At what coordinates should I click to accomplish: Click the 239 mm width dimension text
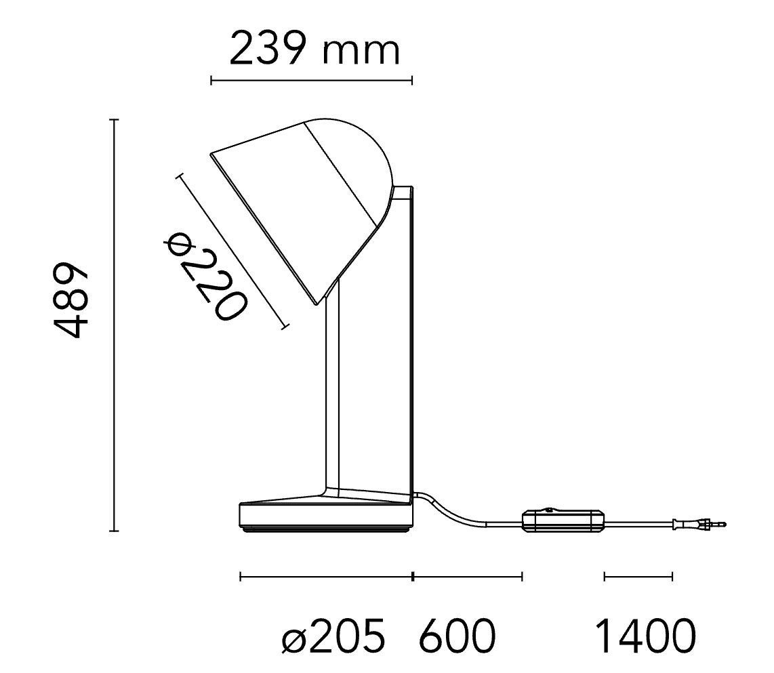pyautogui.click(x=314, y=48)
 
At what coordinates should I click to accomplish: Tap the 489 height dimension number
pyautogui.click(x=72, y=300)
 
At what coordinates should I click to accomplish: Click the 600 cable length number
pyautogui.click(x=457, y=636)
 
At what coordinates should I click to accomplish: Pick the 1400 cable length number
pyautogui.click(x=646, y=636)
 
